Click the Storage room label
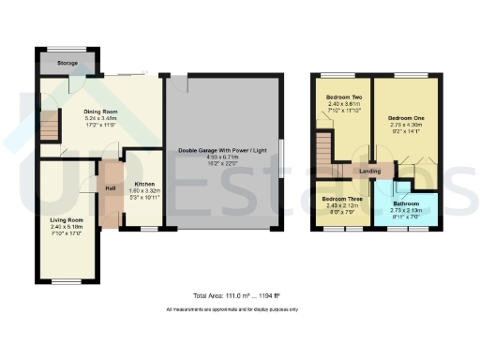click(x=67, y=65)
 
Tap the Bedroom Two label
click(x=342, y=97)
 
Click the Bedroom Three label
click(x=340, y=199)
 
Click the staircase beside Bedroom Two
click(x=323, y=150)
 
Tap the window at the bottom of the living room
click(x=67, y=279)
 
